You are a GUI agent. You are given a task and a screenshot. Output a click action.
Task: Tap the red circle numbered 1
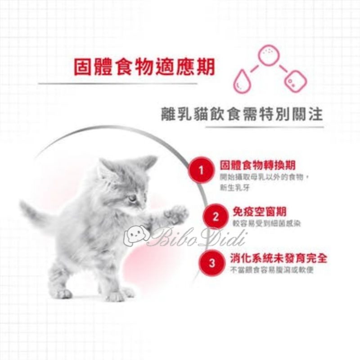[201, 170]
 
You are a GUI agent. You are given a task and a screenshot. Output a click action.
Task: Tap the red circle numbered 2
[215, 217]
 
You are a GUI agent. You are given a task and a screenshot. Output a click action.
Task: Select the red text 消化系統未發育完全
[278, 258]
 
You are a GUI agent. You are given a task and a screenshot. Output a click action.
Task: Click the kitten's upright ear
[147, 162]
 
